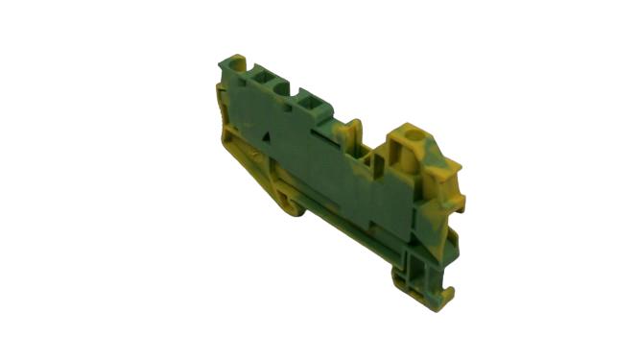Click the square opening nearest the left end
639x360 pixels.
coord(260,75)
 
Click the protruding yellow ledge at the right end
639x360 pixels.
coord(459,202)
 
